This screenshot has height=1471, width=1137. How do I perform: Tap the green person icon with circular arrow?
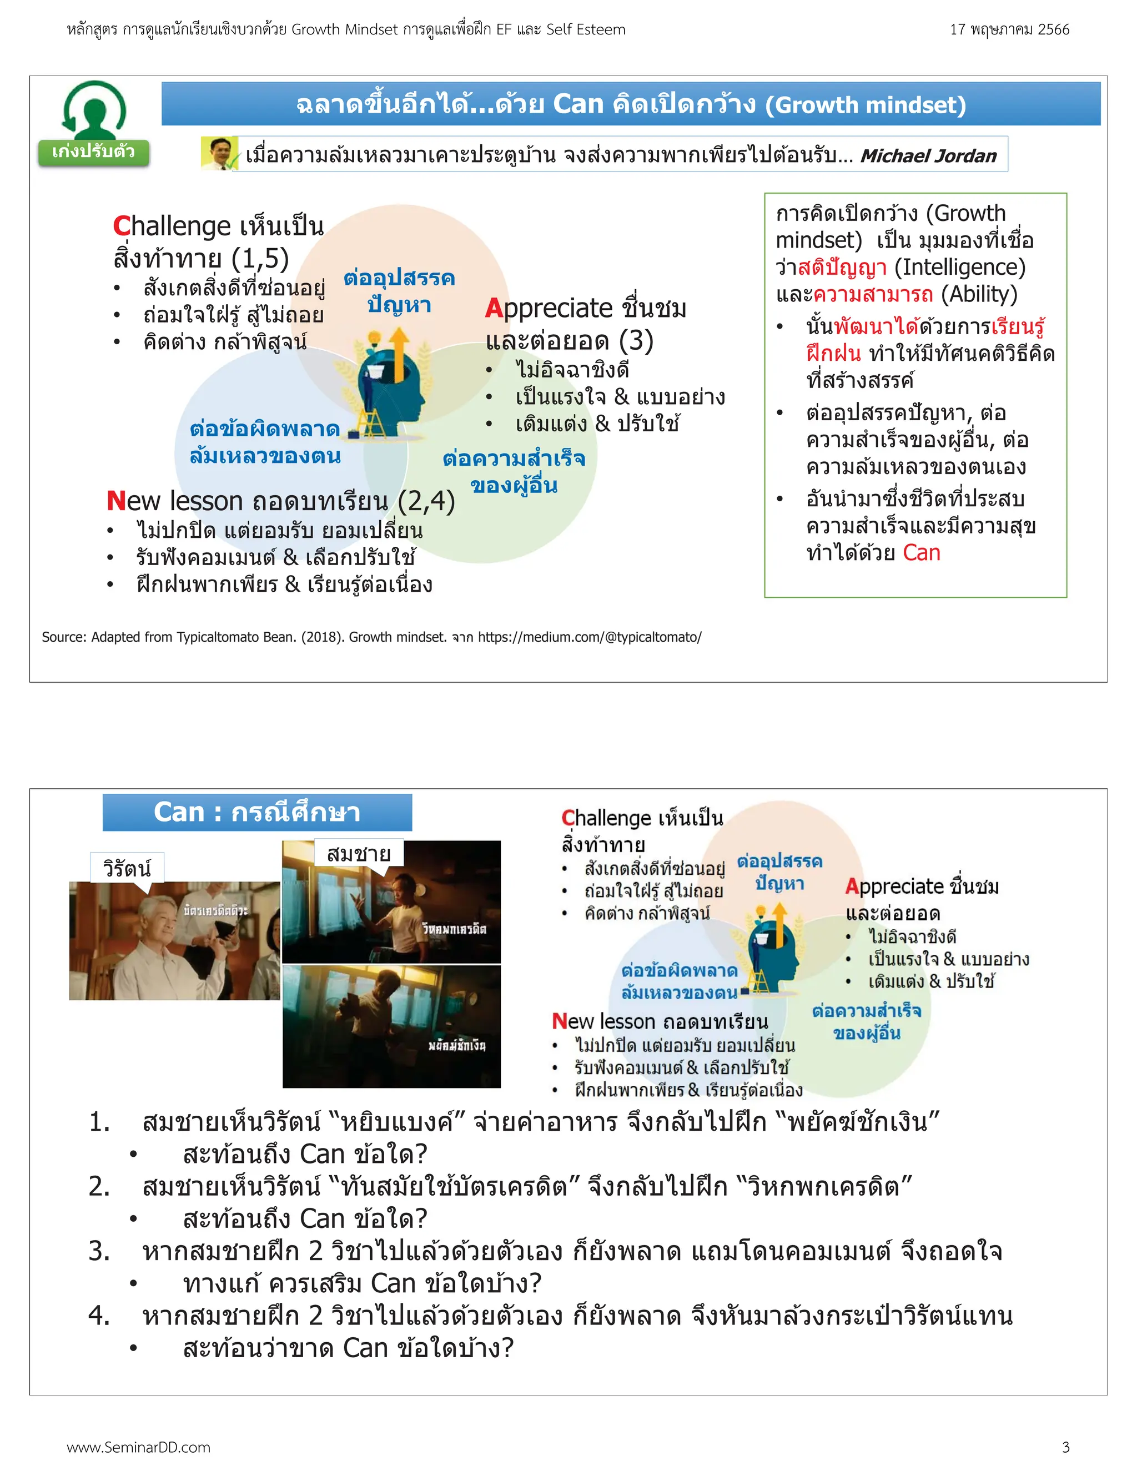[94, 110]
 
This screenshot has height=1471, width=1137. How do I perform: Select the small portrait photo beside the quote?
[219, 154]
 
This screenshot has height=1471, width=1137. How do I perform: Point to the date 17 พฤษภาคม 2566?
[1009, 29]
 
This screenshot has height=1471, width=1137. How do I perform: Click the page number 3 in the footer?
[1065, 1447]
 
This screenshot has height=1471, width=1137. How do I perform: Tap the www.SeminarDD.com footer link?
[139, 1447]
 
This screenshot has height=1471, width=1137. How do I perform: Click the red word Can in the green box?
[921, 553]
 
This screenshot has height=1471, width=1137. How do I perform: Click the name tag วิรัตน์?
[127, 868]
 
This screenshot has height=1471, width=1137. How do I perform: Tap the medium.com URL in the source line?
[590, 637]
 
